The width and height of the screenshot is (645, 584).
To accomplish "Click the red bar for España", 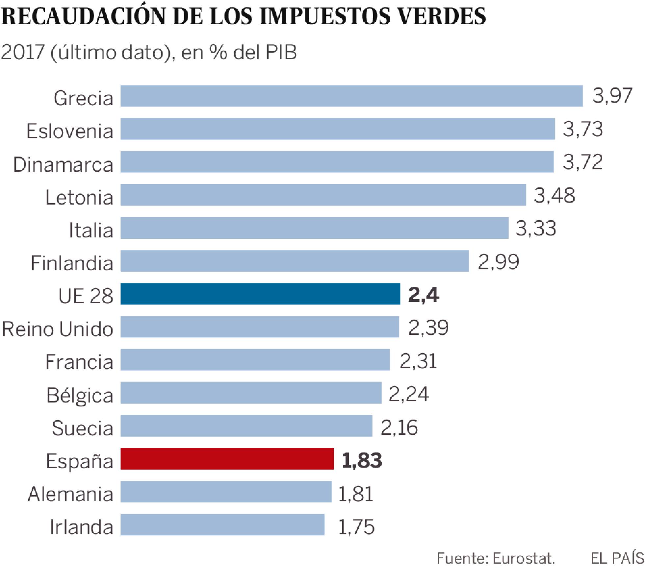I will [227, 458].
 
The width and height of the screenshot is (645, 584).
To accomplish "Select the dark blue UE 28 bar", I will [260, 294].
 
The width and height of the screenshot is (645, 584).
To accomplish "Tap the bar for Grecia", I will [351, 96].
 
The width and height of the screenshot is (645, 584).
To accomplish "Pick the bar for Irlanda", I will [222, 524].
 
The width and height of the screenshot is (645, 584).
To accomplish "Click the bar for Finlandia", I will [295, 261].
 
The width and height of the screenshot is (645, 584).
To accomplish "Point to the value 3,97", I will [612, 96].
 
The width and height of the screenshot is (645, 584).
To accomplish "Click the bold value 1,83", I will [362, 460].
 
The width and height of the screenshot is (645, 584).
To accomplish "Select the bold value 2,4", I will [423, 295].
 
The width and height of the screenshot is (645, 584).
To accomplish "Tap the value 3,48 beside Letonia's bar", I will [555, 195].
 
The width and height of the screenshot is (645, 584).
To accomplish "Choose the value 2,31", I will [418, 361].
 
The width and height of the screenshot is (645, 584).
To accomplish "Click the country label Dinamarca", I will [63, 164].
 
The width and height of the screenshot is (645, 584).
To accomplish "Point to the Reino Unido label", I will [58, 328].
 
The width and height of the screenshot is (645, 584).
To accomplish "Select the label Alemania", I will [70, 494].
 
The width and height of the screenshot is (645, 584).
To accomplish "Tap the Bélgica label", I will [80, 395].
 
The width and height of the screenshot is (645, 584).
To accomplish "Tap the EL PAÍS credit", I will [617, 558].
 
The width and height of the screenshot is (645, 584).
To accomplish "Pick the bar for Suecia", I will [246, 426].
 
